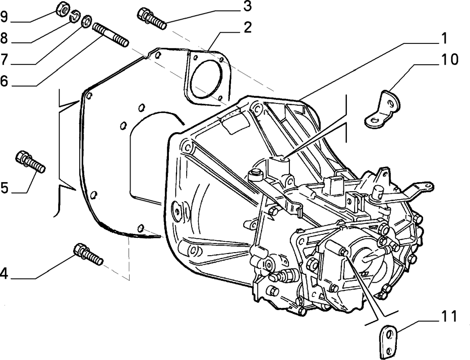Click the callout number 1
click(444, 39)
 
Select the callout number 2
click(247, 27)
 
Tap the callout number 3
click(247, 6)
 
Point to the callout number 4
click(3, 273)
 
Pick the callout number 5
click(4, 188)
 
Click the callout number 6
click(4, 81)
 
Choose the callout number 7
click(3, 59)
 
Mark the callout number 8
click(3, 38)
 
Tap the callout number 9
click(3, 17)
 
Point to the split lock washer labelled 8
click(75, 17)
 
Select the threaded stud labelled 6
click(111, 35)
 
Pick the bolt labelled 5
click(30, 162)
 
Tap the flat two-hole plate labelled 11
click(389, 342)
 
